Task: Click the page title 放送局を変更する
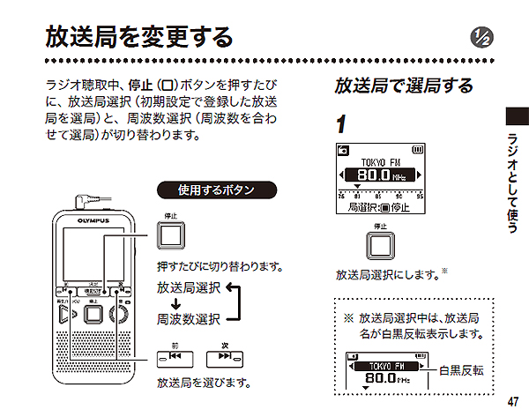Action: point(139,37)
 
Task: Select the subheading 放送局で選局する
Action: point(403,86)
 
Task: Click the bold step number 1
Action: point(341,123)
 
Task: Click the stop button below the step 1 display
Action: point(380,246)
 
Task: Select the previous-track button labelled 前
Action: point(173,359)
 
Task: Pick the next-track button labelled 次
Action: point(224,359)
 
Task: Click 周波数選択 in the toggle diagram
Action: point(189,318)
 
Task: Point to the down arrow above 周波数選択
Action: point(175,303)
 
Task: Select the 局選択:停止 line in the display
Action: point(380,208)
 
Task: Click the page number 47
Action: point(514,401)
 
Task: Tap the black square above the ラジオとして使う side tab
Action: point(517,116)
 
